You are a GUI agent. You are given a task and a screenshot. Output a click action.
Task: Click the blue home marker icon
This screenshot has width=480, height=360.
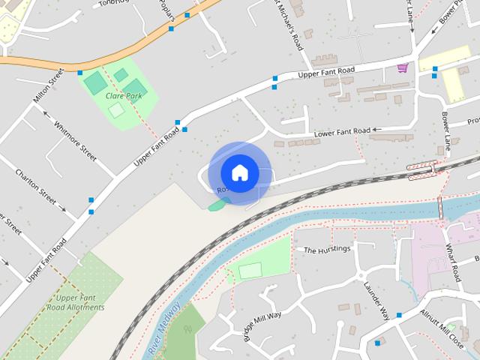click(x=239, y=172)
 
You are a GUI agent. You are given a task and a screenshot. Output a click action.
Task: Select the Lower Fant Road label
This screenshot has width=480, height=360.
click(x=341, y=133)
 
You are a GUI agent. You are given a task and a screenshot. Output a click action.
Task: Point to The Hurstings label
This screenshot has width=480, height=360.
click(x=326, y=250)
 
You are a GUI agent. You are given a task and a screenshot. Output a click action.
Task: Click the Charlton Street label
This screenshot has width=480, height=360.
click(x=35, y=187)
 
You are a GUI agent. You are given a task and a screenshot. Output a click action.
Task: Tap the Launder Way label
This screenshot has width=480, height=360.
click(x=376, y=298)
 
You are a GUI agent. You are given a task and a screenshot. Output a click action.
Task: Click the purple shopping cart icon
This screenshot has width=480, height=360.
click(x=403, y=68)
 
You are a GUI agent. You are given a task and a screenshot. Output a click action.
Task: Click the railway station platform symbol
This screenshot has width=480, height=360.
click(x=423, y=169)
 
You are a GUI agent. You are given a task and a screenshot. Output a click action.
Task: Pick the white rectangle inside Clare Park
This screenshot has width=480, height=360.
click(x=115, y=110)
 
